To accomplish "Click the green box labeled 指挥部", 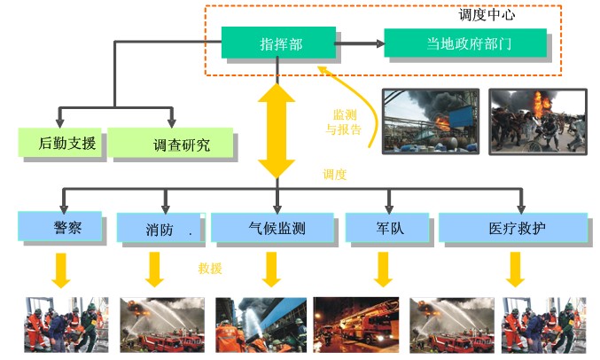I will coord(278,43).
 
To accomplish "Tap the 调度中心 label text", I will coord(487,15).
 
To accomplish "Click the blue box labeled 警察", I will coord(61,226).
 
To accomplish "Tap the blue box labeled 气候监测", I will coord(277,228).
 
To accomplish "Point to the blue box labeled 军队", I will coord(388,228).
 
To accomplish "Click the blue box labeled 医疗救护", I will coord(514,228).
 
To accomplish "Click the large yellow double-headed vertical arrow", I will coord(277,129).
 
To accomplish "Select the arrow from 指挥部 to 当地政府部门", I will coord(360,43).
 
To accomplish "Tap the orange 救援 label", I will coord(211,268).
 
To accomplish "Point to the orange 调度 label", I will coord(334,175).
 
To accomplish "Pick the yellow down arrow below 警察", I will coord(60,270).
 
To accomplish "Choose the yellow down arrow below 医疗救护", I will coord(514,270).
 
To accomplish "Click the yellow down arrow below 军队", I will coord(382,270).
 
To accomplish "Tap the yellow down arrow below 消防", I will coord(155,270).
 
